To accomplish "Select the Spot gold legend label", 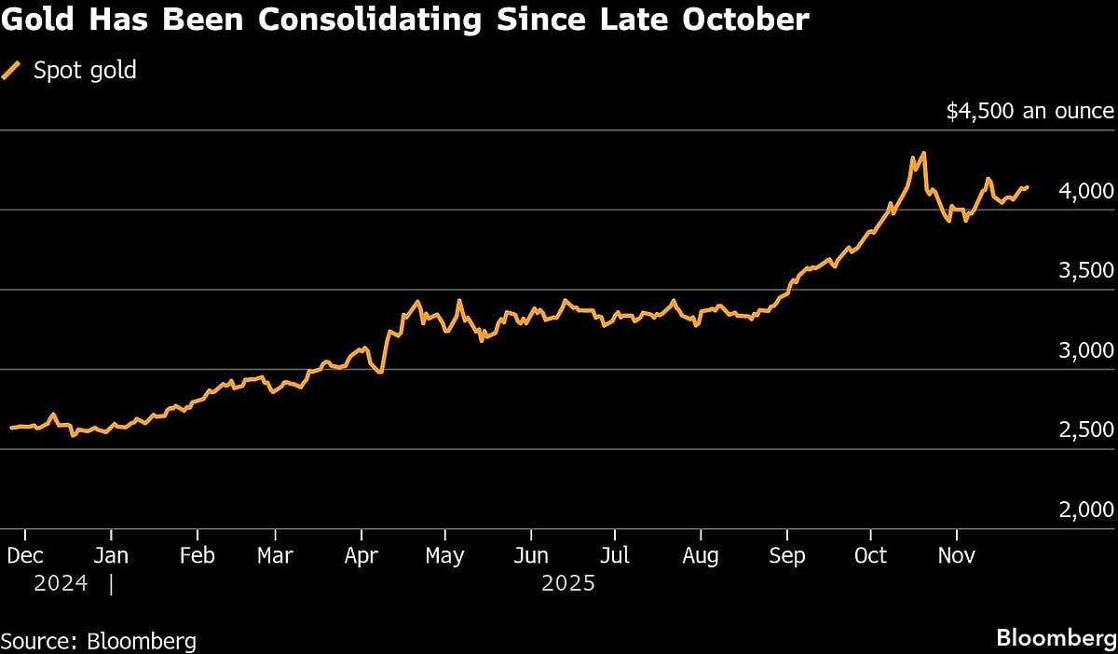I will (85, 71).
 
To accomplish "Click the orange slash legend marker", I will (12, 71).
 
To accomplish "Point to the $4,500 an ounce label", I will (1029, 111).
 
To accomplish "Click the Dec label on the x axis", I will (24, 555).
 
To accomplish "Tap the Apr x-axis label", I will (361, 555).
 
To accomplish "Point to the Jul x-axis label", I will (614, 555).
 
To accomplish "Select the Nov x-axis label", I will (957, 555).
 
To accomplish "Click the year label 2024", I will (61, 584).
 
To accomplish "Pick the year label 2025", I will (567, 584).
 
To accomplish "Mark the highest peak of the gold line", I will (922, 153).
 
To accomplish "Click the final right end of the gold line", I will (1028, 187).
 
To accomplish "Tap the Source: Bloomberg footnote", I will (99, 641).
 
